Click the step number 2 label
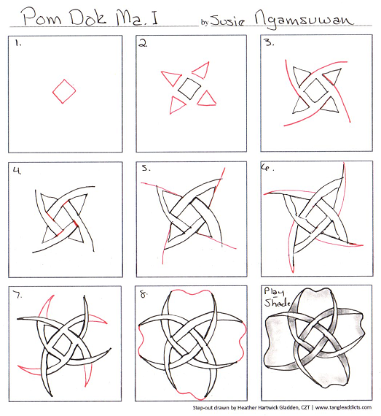144,44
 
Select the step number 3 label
270,43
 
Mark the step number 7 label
17,295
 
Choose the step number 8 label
144,295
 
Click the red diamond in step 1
63,91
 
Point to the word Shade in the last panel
278,302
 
